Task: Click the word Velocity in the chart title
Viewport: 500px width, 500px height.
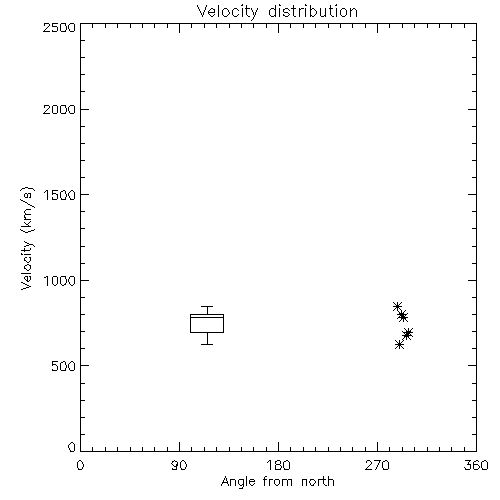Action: coord(227,12)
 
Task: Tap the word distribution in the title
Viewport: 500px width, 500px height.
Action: coord(313,11)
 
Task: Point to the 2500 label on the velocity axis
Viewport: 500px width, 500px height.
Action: coord(59,27)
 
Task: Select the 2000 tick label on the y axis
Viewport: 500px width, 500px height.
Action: coord(59,109)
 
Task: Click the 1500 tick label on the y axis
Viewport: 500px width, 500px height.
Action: coord(60,195)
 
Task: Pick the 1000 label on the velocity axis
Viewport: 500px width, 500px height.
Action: coord(60,280)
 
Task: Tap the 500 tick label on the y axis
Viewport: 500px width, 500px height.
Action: coord(63,366)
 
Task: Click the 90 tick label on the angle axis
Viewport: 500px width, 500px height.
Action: coord(179,465)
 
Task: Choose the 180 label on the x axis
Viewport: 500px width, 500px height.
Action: coord(278,465)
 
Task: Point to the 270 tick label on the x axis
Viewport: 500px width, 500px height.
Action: coord(377,465)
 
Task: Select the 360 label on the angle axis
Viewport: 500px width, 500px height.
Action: coord(476,465)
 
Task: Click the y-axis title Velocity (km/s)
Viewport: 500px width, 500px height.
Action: coord(27,238)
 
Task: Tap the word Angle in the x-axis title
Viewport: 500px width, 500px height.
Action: coord(238,482)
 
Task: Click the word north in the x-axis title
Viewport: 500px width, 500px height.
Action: coord(318,481)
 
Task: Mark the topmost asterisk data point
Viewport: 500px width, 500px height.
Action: coord(397,306)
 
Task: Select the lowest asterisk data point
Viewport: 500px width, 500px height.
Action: coord(399,345)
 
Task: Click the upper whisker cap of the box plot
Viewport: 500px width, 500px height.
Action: coord(207,306)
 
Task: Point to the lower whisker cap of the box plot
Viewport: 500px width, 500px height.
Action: coord(207,344)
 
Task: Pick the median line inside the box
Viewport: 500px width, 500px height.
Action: coord(207,317)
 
